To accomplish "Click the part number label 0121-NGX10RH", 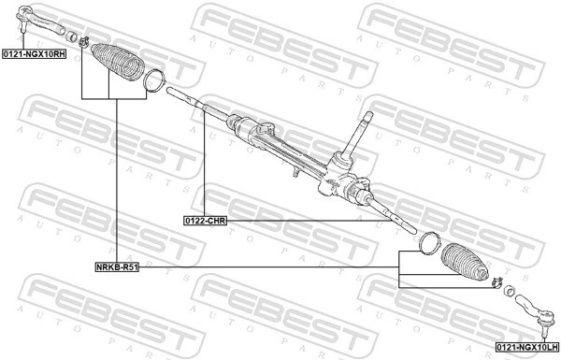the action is click(34, 55).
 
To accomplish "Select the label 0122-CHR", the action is click(205, 221).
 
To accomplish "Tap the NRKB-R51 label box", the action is click(117, 266).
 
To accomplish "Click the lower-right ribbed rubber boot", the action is click(465, 265).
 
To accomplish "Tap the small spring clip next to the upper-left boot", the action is click(83, 41).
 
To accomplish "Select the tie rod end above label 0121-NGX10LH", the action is click(541, 310).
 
